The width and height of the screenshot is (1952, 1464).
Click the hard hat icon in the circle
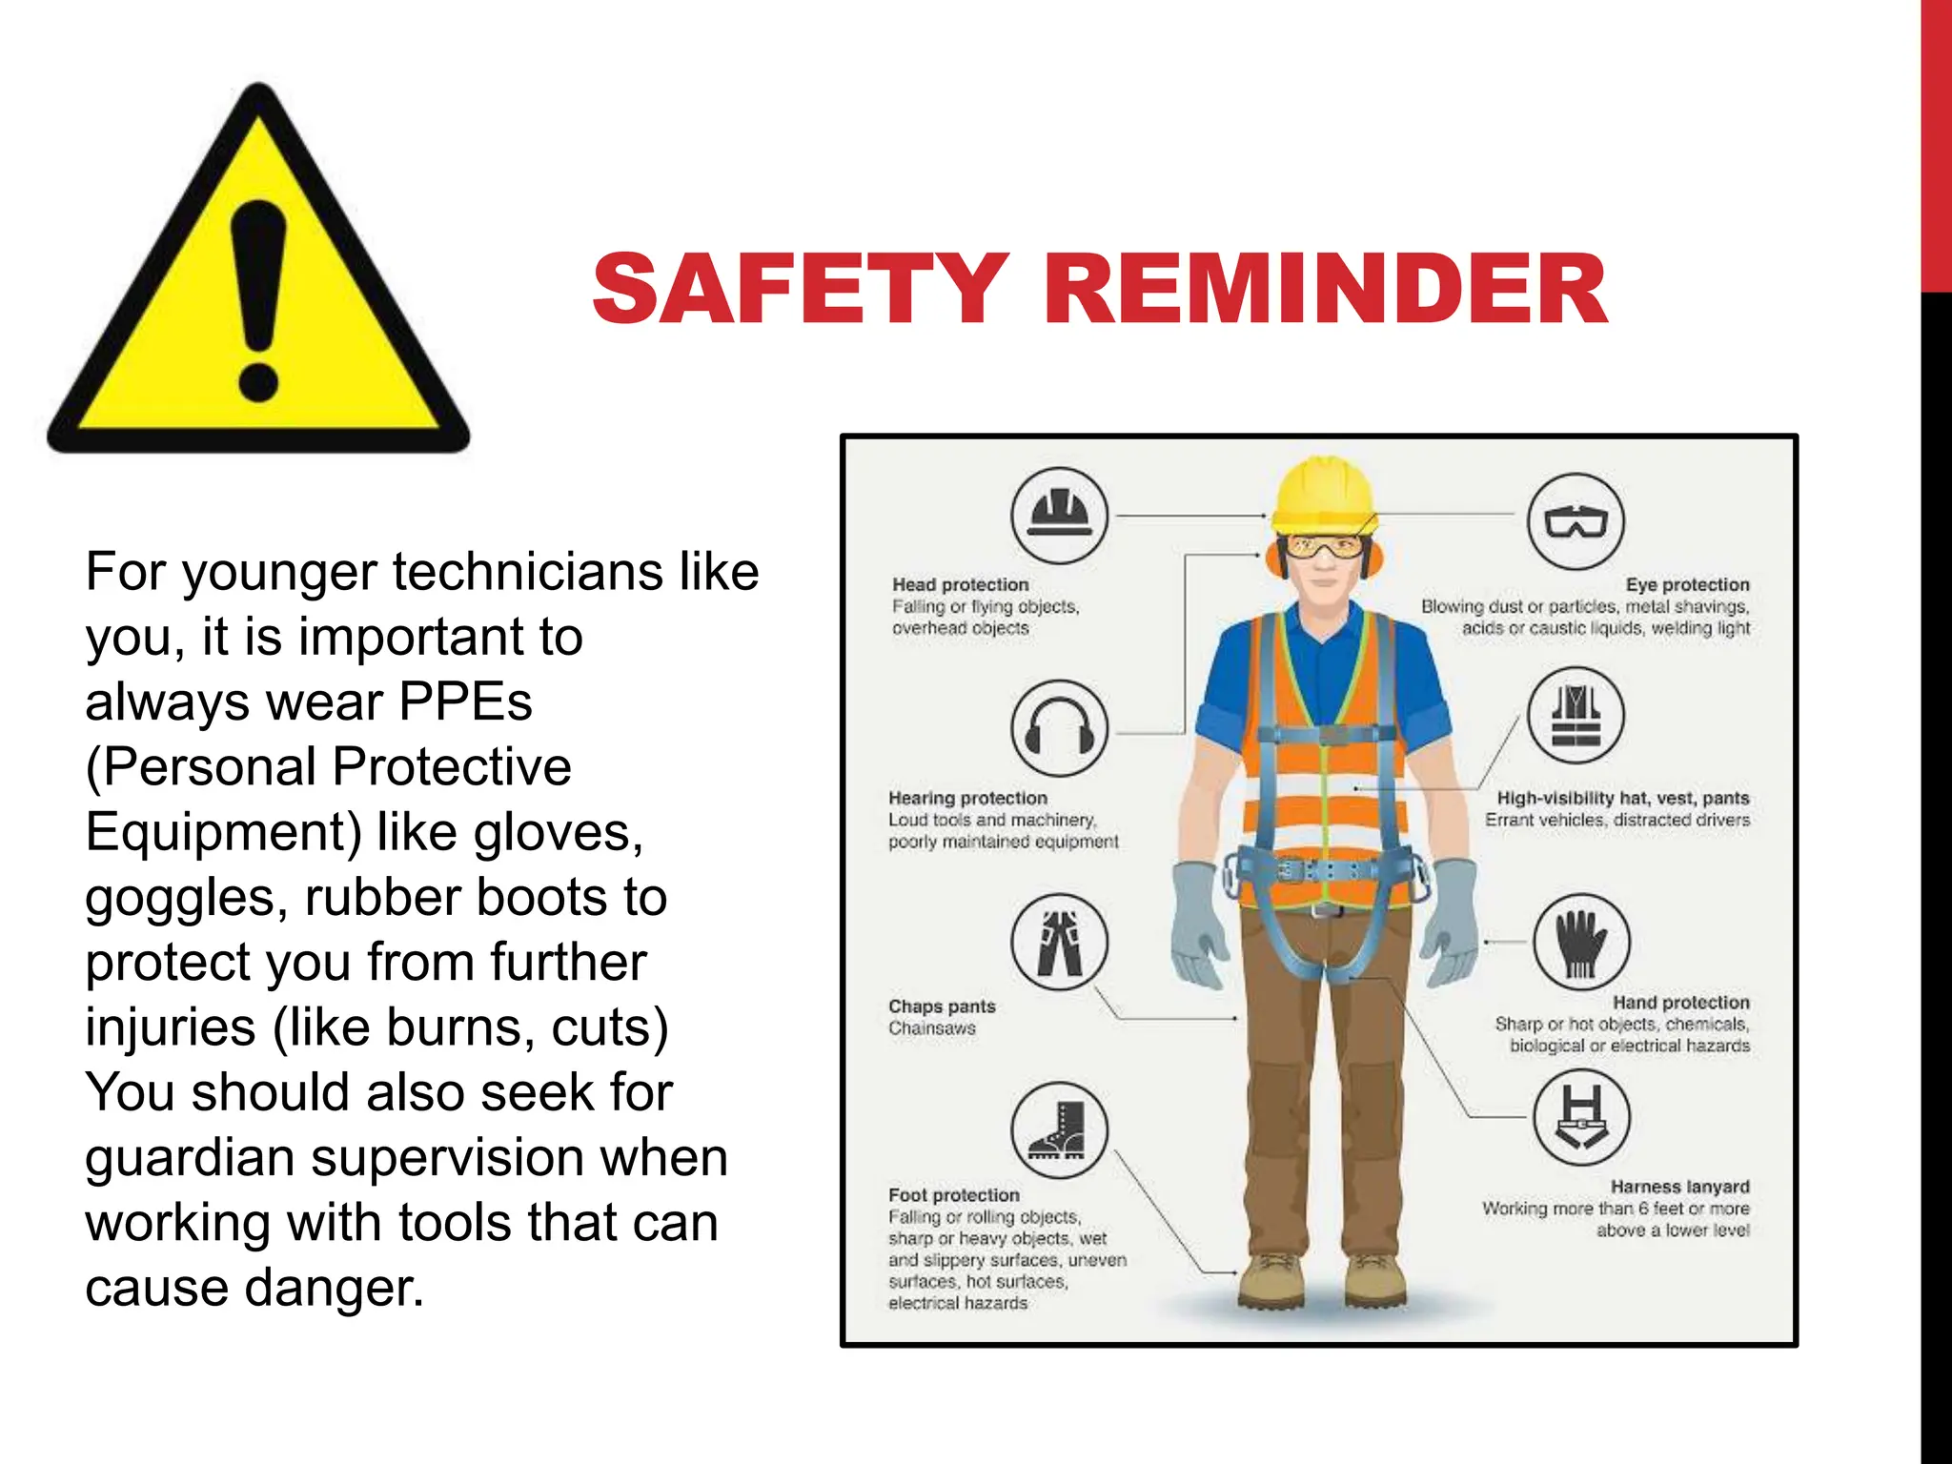tap(1059, 515)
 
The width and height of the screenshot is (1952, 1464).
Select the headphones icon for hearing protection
tap(1059, 729)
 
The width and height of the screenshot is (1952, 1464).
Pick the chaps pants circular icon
tap(1059, 943)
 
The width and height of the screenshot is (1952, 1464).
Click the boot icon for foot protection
tap(1059, 1130)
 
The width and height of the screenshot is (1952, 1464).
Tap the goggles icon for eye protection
tap(1576, 521)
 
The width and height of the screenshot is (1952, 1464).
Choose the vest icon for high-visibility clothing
tap(1576, 716)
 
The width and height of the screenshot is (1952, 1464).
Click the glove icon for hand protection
tap(1580, 942)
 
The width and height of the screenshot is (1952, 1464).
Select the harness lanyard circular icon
tap(1581, 1116)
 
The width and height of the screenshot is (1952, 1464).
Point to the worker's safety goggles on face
tap(1324, 547)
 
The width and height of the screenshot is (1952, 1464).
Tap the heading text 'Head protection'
tap(960, 584)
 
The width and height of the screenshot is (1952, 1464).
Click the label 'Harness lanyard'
tap(1679, 1187)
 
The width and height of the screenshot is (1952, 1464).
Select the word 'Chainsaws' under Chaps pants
tap(931, 1028)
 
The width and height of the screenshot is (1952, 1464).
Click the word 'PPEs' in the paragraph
tap(465, 701)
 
